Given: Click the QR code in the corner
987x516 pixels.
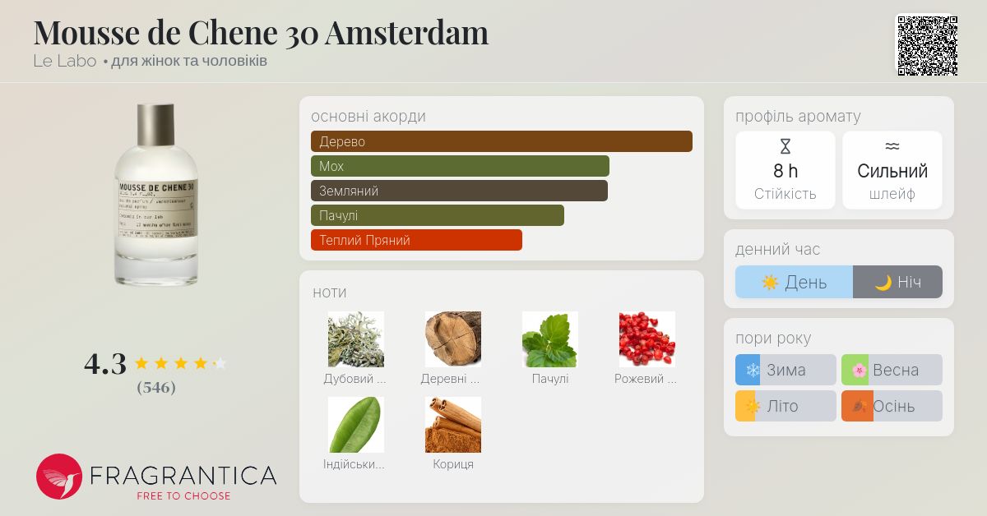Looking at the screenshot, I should (927, 45).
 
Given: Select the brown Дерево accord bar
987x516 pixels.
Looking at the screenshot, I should (501, 141).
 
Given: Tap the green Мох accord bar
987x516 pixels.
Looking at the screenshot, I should (460, 166).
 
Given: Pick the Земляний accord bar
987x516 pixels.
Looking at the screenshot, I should (459, 191).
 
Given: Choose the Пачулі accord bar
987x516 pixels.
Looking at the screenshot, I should (437, 215).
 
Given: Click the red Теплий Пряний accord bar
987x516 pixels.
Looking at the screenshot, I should (416, 240).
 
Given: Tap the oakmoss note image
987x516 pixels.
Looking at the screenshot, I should (356, 339).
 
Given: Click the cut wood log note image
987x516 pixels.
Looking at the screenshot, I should (453, 339).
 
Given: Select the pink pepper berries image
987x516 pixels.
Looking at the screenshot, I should (646, 339).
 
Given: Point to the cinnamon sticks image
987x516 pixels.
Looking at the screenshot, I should (453, 424).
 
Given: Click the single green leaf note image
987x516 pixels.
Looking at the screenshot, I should (356, 424).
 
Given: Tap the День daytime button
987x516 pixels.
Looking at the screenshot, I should (794, 282).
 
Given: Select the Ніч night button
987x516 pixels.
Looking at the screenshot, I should (897, 282).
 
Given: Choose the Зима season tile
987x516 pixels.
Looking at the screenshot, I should (785, 370).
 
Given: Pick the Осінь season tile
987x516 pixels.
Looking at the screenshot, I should (892, 406).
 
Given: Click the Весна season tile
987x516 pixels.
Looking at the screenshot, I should (892, 370).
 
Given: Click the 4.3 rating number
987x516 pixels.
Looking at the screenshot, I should (105, 363).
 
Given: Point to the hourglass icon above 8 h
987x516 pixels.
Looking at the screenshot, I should (785, 147).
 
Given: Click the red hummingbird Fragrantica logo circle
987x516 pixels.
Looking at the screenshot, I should (59, 477).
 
